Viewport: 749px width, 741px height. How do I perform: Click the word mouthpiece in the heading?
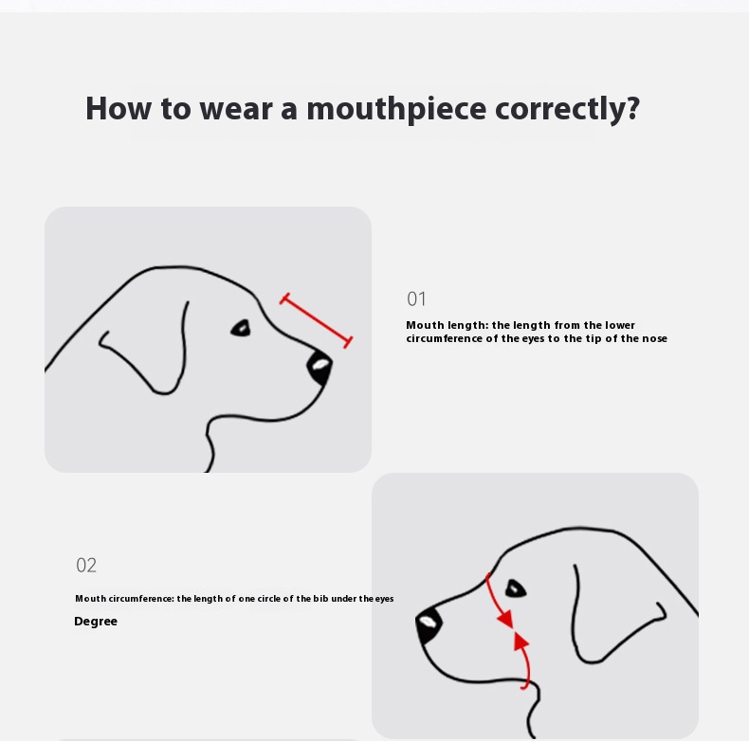pos(396,110)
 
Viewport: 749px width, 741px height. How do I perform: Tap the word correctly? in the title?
pos(567,110)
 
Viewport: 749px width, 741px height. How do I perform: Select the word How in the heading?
pos(119,108)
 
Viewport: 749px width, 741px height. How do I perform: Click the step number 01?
pos(416,298)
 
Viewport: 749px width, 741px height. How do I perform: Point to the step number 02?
pos(86,566)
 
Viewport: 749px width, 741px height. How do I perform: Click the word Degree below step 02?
pos(96,622)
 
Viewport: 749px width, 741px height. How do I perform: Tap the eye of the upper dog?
pos(241,328)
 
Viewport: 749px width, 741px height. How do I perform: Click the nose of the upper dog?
pos(320,367)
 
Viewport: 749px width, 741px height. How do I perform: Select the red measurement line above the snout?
pos(317,320)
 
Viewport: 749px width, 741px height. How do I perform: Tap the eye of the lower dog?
pos(516,588)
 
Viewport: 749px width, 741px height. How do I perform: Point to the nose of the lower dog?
pos(428,625)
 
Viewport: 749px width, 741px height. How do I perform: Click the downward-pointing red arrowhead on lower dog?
pos(506,619)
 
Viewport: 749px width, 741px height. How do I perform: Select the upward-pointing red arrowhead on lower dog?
pos(521,642)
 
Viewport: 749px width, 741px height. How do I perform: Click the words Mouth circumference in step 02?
pos(124,599)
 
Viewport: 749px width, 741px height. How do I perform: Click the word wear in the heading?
pos(236,109)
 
